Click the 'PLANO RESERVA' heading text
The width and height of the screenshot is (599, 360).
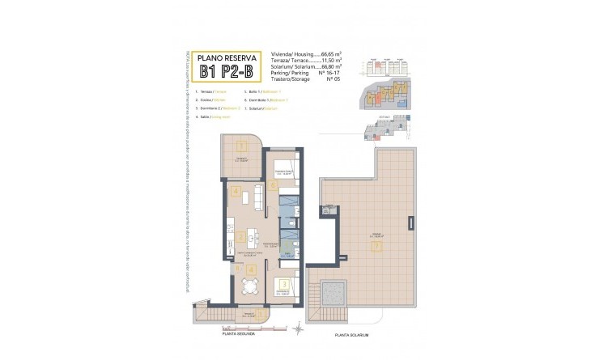[x=228, y=57]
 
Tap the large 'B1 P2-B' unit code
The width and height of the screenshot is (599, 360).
[x=228, y=72]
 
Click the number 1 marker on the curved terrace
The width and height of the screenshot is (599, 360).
[x=241, y=146]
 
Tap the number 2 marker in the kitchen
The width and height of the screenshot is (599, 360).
[x=240, y=237]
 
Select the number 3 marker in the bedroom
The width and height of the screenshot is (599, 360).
[x=284, y=283]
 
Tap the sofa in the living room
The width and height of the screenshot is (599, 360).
[x=257, y=196]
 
